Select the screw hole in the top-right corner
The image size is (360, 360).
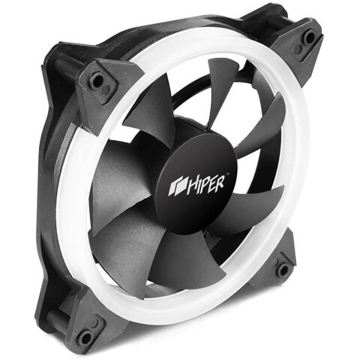point(310,37)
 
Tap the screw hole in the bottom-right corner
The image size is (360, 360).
point(283,270)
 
